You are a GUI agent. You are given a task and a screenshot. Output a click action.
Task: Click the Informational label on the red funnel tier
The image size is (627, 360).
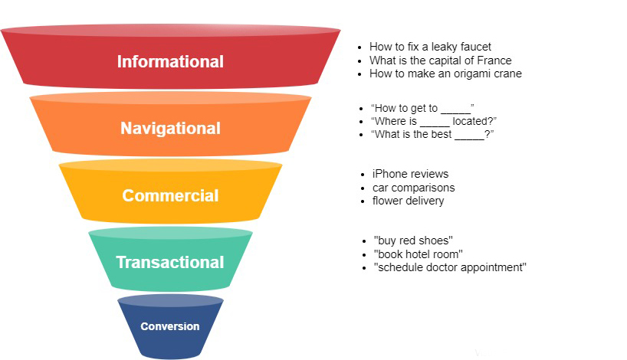[170, 62]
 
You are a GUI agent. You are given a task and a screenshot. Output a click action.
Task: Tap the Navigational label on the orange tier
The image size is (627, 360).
[170, 129]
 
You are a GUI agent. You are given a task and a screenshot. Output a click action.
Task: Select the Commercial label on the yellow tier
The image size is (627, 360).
[170, 195]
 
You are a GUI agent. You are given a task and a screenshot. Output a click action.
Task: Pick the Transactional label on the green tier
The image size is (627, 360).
[170, 263]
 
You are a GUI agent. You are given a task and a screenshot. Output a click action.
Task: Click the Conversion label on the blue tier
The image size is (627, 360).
[170, 326]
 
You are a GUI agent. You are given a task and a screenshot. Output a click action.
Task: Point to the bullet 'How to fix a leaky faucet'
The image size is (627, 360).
[430, 47]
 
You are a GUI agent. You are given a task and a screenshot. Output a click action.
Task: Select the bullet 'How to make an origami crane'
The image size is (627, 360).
[445, 74]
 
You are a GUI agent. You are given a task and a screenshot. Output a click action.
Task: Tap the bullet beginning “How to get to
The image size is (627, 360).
[422, 108]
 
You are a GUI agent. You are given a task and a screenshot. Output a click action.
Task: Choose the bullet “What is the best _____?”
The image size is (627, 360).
[432, 135]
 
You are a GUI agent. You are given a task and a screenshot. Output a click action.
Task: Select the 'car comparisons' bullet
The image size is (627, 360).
[413, 188]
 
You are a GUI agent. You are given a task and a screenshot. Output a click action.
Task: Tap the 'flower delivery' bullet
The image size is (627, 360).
[408, 201]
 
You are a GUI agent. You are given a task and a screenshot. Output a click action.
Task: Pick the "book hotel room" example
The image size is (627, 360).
[418, 254]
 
